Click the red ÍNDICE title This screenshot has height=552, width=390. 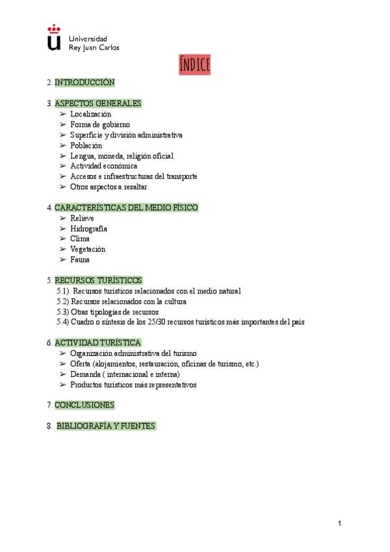coord(195,65)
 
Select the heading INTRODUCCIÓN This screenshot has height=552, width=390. coord(84,83)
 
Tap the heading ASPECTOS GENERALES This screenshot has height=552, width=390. coord(98,103)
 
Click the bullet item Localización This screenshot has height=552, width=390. coord(90,114)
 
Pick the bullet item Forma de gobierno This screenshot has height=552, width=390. coord(100,124)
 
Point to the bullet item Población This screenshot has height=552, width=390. coord(86,145)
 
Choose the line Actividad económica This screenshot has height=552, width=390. coord(104,166)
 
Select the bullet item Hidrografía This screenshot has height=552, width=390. coord(89,228)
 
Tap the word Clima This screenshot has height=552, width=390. coord(80,239)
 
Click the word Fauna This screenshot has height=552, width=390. coord(80,260)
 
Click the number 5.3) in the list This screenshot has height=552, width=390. coord(62,312)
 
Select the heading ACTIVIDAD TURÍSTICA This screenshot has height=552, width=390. coord(97,342)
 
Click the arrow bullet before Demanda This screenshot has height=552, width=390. coord(63,374)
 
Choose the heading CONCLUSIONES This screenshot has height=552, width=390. coord(84,405)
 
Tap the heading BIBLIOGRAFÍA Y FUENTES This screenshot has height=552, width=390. coord(106,426)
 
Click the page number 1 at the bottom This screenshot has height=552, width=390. coord(339,523)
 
